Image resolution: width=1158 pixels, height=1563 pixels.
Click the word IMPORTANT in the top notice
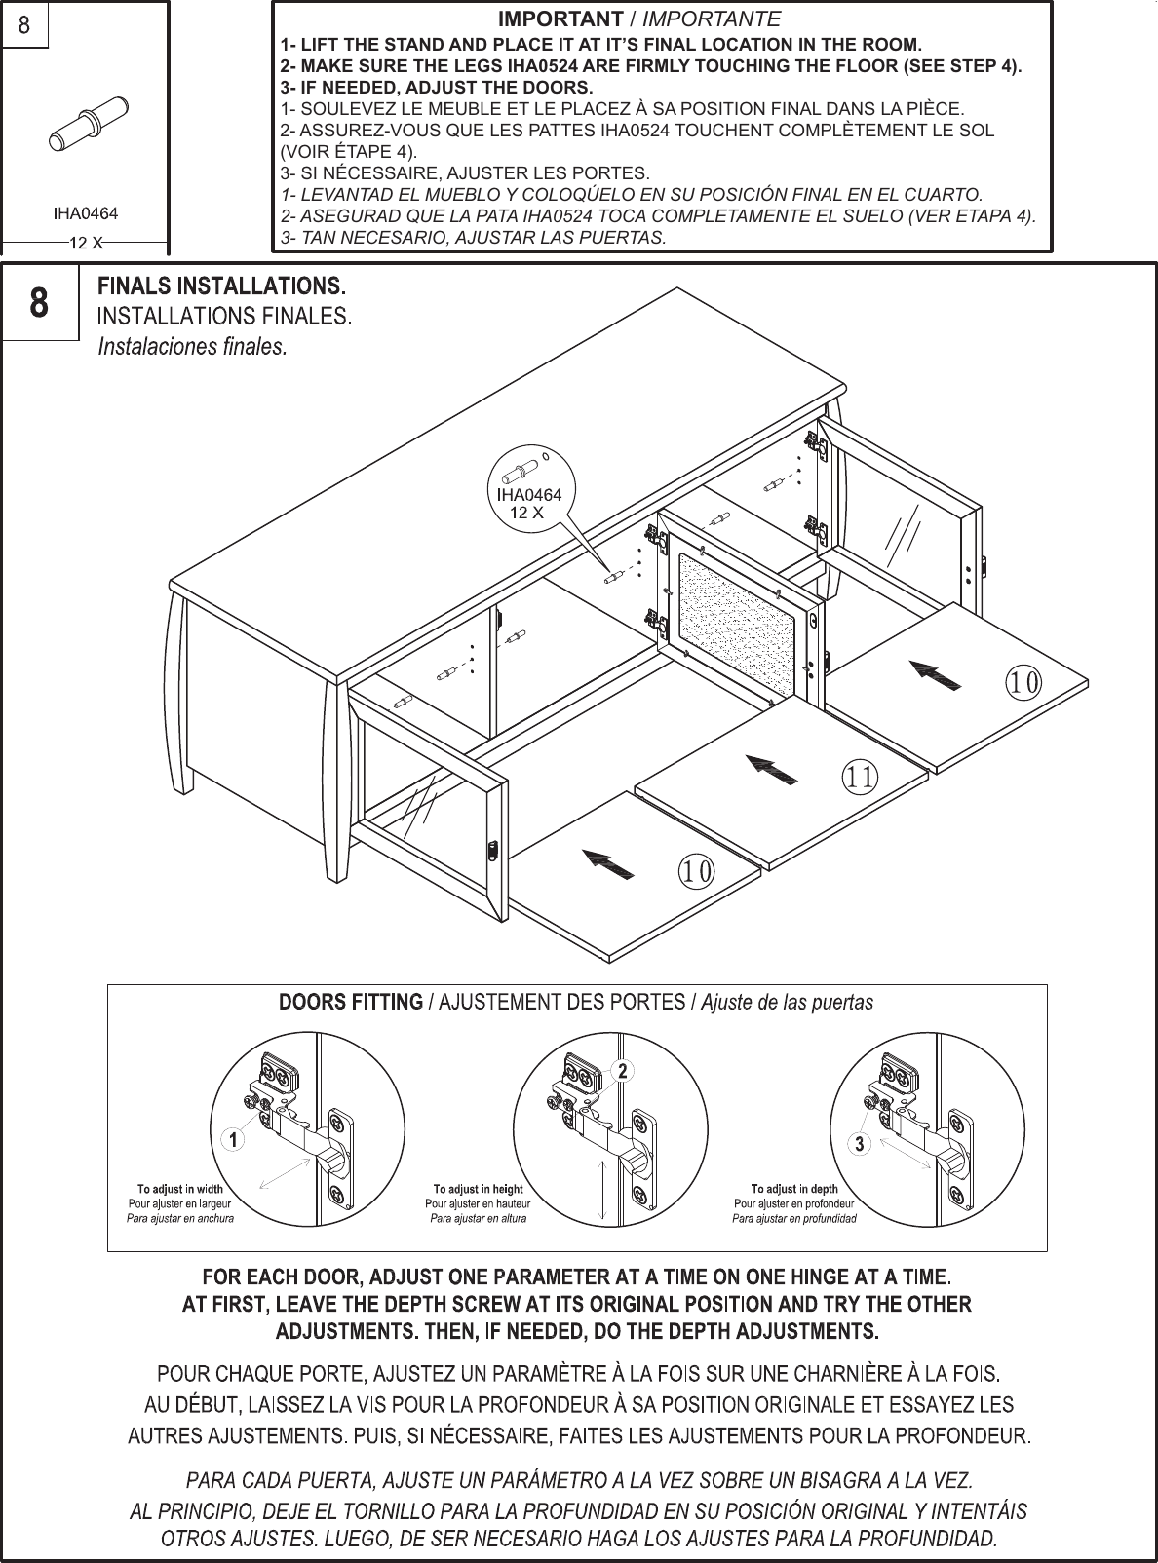tap(560, 19)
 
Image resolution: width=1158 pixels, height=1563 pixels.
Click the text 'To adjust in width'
tap(179, 1189)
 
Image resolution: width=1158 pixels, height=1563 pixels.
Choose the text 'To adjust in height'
tap(478, 1189)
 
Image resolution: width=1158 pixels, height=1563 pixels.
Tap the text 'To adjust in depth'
tap(793, 1189)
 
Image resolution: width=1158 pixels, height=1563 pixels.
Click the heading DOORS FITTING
tap(350, 1002)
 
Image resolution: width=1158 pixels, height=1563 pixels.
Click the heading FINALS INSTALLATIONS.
tap(222, 286)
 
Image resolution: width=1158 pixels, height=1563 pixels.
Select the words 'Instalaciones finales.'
tap(193, 347)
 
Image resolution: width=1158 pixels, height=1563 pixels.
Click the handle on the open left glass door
tap(491, 850)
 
